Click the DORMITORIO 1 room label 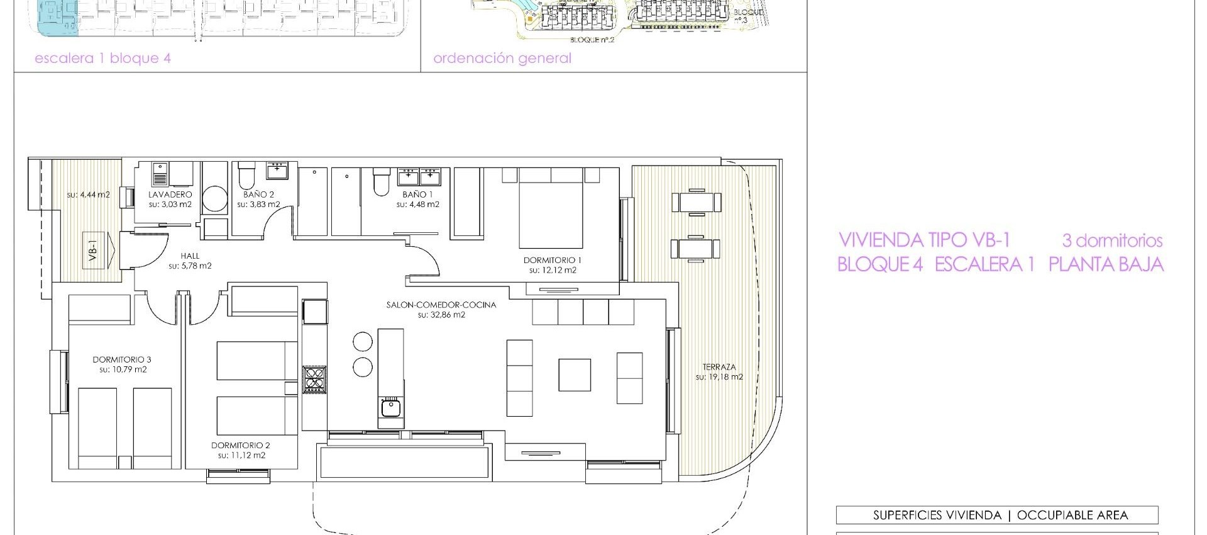pyautogui.click(x=553, y=260)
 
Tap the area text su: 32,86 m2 pyautogui.click(x=441, y=315)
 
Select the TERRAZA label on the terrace pyautogui.click(x=719, y=367)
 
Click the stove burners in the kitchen pyautogui.click(x=314, y=380)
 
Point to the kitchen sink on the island pyautogui.click(x=390, y=408)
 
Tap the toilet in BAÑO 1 pyautogui.click(x=382, y=182)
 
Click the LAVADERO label pyautogui.click(x=170, y=194)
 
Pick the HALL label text pyautogui.click(x=190, y=256)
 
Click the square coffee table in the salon pyautogui.click(x=574, y=374)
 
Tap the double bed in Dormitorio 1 pyautogui.click(x=551, y=208)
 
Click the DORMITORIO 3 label pyautogui.click(x=122, y=359)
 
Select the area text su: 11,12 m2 pyautogui.click(x=241, y=455)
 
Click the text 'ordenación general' pyautogui.click(x=502, y=59)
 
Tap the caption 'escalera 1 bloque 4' pyautogui.click(x=102, y=59)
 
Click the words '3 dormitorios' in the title pyautogui.click(x=1111, y=240)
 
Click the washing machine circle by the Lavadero pyautogui.click(x=216, y=198)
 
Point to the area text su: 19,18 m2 pyautogui.click(x=719, y=377)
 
